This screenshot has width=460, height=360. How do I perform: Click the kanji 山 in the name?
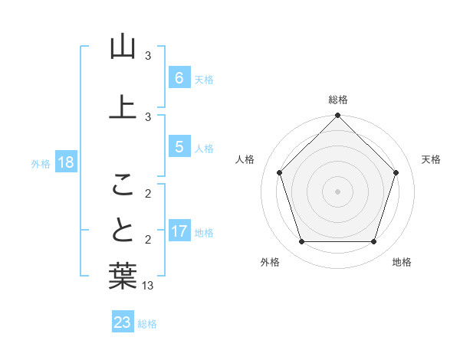tap(123, 47)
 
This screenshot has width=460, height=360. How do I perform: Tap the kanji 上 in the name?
tap(123, 106)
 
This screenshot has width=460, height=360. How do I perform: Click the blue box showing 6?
tap(179, 78)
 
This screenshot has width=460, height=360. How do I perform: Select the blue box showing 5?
tap(179, 147)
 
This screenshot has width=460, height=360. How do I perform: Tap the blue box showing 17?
tap(179, 231)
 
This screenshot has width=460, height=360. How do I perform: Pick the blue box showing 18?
tap(65, 162)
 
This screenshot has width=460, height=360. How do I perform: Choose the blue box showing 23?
tap(123, 322)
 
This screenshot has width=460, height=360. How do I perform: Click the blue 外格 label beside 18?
tap(41, 163)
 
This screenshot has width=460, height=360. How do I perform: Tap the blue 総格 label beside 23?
tap(147, 324)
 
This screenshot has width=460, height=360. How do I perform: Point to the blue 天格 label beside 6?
tap(204, 79)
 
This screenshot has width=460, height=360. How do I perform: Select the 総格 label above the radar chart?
tap(338, 100)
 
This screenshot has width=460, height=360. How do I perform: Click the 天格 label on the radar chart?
tap(431, 159)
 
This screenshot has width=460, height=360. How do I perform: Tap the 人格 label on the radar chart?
tap(245, 159)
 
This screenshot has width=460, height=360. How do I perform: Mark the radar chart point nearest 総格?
tap(338, 116)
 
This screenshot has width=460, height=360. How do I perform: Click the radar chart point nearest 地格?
tap(374, 242)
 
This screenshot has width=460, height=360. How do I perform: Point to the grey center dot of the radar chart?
tap(338, 191)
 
